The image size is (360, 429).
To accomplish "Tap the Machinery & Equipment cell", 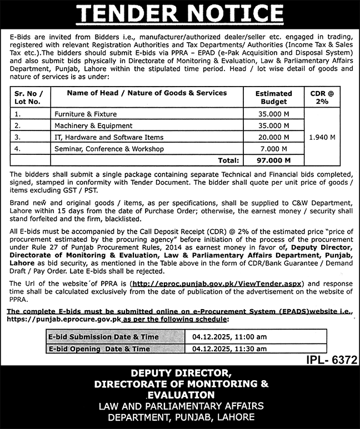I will click(x=93, y=125).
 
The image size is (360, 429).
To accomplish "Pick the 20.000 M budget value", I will click(x=273, y=137).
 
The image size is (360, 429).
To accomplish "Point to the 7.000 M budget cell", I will click(x=273, y=149).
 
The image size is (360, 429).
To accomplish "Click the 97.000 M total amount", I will click(x=273, y=160).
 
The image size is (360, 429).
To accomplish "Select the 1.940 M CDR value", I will click(x=323, y=137).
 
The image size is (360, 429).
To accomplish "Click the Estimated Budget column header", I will click(x=273, y=97).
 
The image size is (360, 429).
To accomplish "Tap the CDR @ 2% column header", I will click(x=323, y=97).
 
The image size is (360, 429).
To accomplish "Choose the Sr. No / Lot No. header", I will click(x=31, y=97).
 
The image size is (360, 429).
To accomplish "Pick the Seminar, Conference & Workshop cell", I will click(x=109, y=149).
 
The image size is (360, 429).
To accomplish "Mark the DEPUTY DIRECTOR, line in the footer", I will click(x=180, y=372).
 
